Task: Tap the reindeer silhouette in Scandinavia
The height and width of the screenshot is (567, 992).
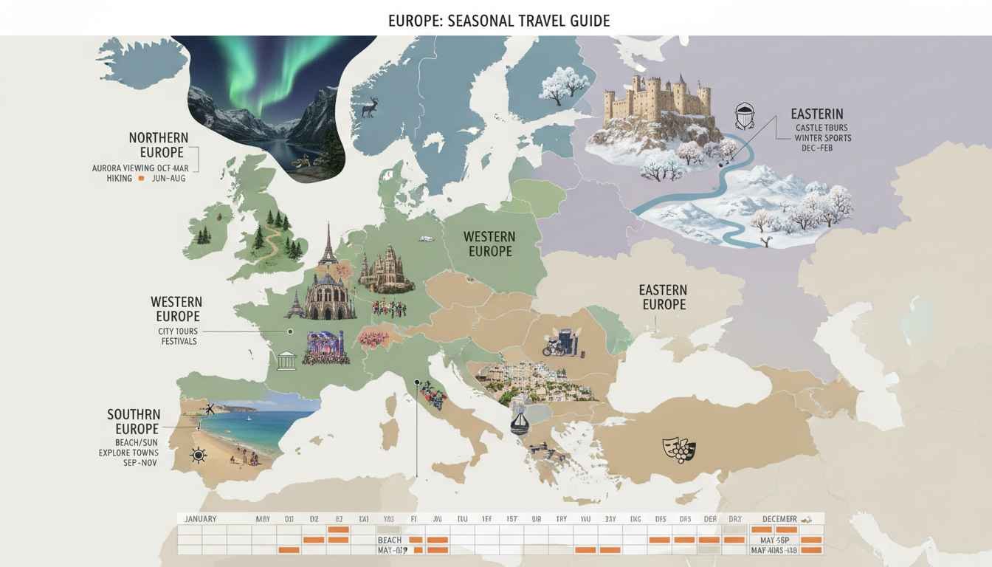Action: click(x=369, y=108)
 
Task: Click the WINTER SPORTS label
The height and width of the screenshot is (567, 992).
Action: click(x=822, y=138)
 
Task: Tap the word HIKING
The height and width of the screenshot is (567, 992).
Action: click(x=120, y=179)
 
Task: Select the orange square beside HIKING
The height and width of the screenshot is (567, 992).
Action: click(x=141, y=179)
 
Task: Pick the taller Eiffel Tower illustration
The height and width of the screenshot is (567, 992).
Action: click(x=327, y=245)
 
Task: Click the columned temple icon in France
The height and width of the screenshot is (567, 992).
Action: click(x=286, y=361)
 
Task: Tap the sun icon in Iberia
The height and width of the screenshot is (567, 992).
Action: click(x=198, y=455)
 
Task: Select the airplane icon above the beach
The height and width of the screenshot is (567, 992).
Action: click(x=210, y=409)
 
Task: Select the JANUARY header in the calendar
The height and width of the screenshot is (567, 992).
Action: click(x=201, y=519)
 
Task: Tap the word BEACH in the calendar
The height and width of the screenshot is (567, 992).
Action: click(x=389, y=540)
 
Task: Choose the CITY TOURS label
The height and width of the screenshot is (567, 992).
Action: click(x=178, y=331)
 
